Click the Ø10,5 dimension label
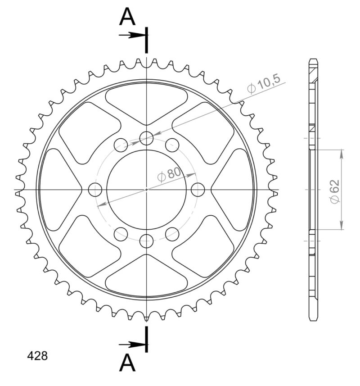pos(264,84)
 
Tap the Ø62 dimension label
pos(334,192)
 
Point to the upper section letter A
pos(127,18)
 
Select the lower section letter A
pos(127,363)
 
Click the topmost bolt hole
pos(146,138)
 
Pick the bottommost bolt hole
pos(146,241)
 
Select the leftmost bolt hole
pos(95,190)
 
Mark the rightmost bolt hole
pos(198,190)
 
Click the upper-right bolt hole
pos(172,145)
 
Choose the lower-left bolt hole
pos(121,233)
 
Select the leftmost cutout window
pos(58,190)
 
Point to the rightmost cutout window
pos(234,190)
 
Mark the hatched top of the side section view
pos(314,72)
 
